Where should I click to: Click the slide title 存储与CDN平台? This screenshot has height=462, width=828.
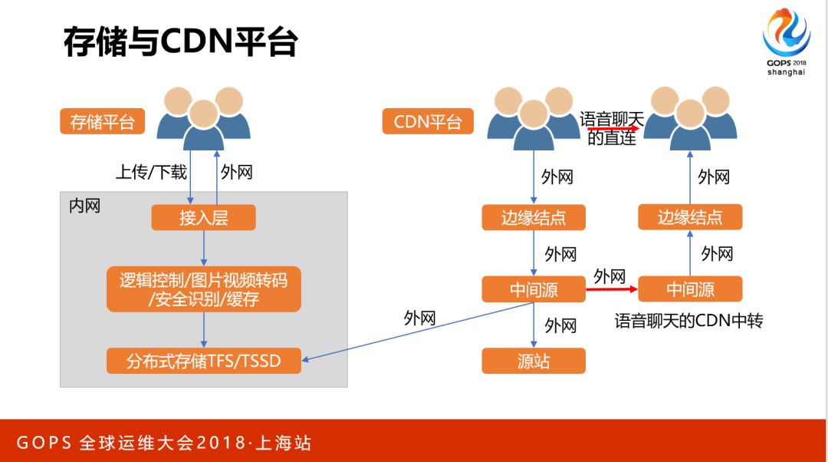coord(180,44)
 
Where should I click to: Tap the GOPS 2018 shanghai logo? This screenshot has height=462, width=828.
coord(787,42)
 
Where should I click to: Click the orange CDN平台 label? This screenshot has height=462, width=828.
coord(428,122)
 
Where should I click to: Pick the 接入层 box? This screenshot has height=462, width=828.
coord(203,218)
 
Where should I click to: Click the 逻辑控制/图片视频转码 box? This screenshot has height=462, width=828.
coord(203,289)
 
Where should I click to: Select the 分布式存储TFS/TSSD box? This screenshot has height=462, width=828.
coord(203,361)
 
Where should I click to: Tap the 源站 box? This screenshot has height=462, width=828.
coord(534,361)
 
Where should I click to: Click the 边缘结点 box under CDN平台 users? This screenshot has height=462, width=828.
coord(534,218)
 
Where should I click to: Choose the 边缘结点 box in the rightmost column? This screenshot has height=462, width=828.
coord(690,218)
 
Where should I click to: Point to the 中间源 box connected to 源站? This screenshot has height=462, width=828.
coord(534,289)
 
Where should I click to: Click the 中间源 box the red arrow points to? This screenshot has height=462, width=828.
coord(690,289)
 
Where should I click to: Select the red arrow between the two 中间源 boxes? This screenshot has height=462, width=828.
coord(612,289)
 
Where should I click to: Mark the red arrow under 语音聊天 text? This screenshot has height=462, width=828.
coord(611,130)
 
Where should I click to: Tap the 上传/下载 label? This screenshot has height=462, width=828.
coord(151,172)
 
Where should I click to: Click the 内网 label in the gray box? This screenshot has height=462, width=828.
coord(84,206)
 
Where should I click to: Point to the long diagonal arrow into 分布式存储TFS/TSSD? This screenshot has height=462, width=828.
coord(414,332)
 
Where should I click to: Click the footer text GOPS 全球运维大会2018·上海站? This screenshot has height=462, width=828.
coord(164,444)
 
